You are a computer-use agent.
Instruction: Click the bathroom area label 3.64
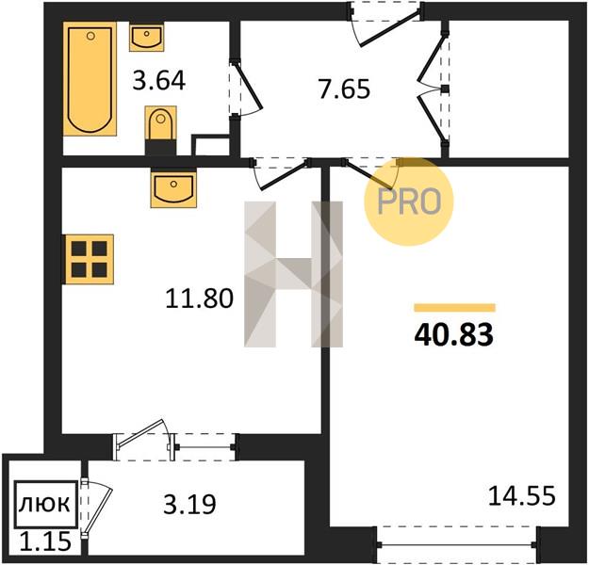(159, 81)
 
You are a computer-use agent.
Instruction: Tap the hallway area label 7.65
(344, 89)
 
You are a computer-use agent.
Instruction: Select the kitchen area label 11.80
(200, 299)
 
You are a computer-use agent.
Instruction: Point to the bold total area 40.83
(454, 335)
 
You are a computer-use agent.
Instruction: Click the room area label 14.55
(522, 495)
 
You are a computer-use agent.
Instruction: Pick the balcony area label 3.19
(190, 504)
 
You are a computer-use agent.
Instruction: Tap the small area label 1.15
(45, 542)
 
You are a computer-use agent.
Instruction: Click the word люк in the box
(44, 504)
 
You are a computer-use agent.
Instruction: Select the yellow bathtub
(90, 78)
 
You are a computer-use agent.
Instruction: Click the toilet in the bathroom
(161, 130)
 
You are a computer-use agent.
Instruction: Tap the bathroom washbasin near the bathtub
(146, 37)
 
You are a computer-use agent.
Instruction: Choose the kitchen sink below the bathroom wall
(173, 187)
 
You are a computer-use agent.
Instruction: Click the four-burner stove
(89, 259)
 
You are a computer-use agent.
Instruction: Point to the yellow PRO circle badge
(409, 202)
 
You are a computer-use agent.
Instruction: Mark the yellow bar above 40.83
(454, 308)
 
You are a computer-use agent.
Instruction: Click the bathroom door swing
(246, 89)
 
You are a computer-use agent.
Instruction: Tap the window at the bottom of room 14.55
(457, 544)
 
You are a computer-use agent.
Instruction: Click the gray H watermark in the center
(293, 274)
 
